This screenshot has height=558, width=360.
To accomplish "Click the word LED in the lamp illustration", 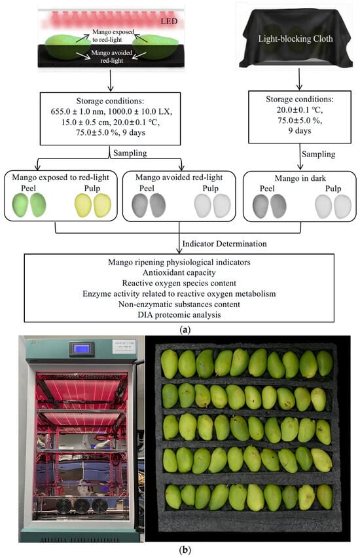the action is click(169, 21).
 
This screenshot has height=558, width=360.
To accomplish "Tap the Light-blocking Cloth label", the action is click(295, 39).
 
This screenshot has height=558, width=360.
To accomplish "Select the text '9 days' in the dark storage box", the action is click(300, 130).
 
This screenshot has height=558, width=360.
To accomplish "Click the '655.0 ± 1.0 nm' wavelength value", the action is click(77, 111).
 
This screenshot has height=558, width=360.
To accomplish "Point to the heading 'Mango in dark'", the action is click(300, 178).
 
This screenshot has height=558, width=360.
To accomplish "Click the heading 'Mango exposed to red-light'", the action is click(60, 177).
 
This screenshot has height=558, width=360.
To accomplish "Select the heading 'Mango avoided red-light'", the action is click(179, 177).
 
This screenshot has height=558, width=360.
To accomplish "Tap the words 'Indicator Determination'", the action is click(225, 244).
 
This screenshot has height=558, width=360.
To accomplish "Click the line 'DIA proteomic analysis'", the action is click(179, 314).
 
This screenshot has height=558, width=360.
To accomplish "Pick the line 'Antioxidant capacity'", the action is click(179, 272).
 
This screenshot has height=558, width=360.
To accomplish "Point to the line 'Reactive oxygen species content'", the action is click(179, 284).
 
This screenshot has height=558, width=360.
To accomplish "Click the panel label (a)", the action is click(185, 330).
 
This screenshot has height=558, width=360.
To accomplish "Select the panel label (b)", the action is click(185, 550).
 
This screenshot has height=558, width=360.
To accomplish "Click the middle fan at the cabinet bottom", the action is click(81, 506).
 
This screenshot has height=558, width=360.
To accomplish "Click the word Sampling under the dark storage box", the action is click(318, 154).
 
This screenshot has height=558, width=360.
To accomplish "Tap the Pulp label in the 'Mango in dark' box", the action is click(333, 188).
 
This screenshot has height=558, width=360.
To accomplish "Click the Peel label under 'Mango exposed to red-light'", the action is click(28, 188).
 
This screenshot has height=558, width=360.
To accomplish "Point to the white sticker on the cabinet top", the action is click(124, 346).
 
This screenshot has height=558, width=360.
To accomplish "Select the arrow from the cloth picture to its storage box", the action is click(299, 79).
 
